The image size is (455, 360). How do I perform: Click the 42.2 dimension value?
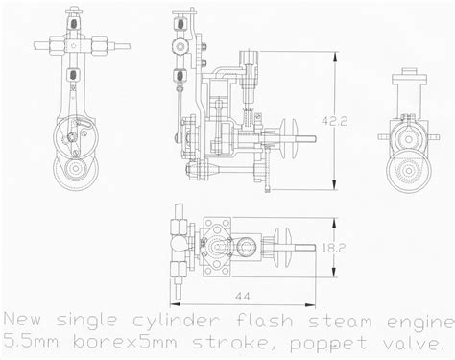pos(334,121)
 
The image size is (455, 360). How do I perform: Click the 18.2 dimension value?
pos(333,248)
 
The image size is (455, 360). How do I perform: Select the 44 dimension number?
pos(243,297)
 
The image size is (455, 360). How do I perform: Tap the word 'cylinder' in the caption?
pos(177,321)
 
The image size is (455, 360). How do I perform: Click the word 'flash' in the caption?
pos(264,321)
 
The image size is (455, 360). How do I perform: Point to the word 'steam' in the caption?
pos(340,321)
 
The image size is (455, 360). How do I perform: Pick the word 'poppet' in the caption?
pos(328,344)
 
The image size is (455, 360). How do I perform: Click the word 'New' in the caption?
pos(22,320)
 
